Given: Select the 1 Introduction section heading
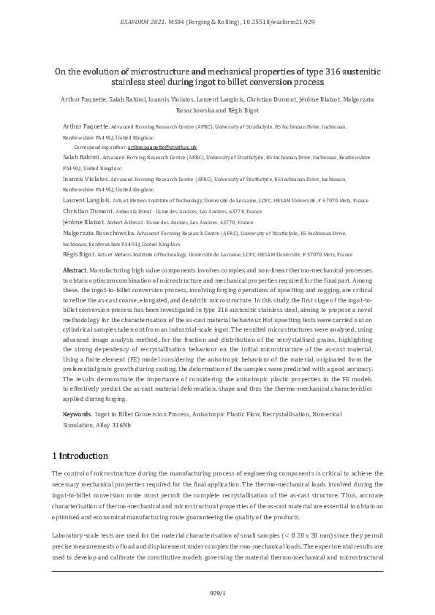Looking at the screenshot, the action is (80, 456).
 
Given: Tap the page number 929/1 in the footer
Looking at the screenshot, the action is (217, 593).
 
